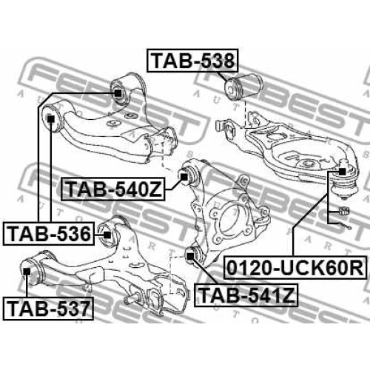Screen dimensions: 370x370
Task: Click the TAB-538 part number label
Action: [x=192, y=61]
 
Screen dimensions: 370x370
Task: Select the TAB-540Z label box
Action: [x=113, y=189]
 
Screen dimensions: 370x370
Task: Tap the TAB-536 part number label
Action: [x=49, y=234]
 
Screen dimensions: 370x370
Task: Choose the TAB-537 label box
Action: [x=48, y=309]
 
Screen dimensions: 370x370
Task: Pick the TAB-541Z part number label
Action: [x=246, y=295]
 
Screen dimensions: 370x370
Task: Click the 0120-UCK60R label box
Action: [x=295, y=268]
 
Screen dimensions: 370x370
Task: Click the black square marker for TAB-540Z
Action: [x=184, y=177]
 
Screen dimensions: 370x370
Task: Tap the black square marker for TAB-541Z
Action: [x=190, y=257]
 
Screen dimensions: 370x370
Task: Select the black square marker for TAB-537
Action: [x=27, y=272]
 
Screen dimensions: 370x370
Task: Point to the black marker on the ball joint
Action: [x=342, y=172]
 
